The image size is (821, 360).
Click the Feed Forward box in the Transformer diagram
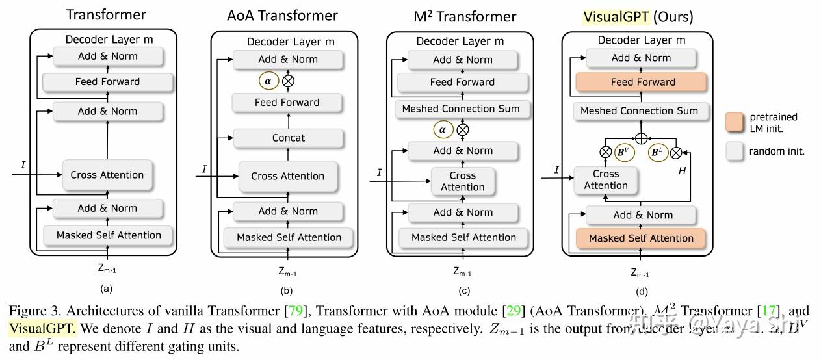[x=107, y=82]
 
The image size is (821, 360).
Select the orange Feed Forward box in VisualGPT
[x=643, y=83]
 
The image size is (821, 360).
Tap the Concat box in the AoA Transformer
[x=288, y=138]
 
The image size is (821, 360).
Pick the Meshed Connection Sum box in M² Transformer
[x=461, y=109]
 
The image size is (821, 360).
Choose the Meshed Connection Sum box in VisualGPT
[x=639, y=111]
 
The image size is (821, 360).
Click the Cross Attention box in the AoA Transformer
[x=287, y=176]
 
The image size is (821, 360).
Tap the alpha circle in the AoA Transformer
[x=267, y=81]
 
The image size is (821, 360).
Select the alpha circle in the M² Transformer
[x=443, y=129]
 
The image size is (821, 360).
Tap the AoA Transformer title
[x=282, y=15]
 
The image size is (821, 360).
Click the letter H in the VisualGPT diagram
[x=682, y=170]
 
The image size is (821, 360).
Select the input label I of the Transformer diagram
[x=23, y=165]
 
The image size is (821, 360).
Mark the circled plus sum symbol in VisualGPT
[x=640, y=138]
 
